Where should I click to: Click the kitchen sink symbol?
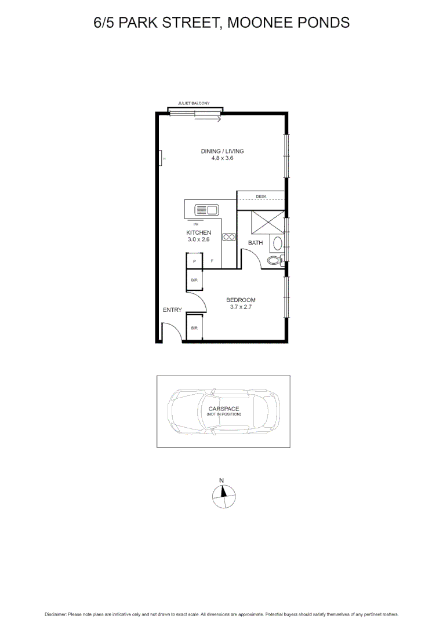tap(205, 209)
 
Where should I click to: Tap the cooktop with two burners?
tap(228, 236)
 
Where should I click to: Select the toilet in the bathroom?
tap(274, 261)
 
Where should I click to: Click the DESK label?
tap(261, 196)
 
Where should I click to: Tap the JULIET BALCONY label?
tap(194, 103)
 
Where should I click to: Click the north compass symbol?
tap(223, 494)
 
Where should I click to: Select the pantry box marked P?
tap(194, 261)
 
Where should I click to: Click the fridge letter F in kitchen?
tap(212, 261)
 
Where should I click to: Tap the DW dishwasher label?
tap(196, 224)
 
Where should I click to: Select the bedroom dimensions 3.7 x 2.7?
tap(241, 307)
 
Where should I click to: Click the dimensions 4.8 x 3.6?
tap(222, 158)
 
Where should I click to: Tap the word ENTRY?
tap(172, 310)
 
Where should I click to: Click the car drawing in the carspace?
tap(223, 412)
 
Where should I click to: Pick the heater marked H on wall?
tap(160, 158)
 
